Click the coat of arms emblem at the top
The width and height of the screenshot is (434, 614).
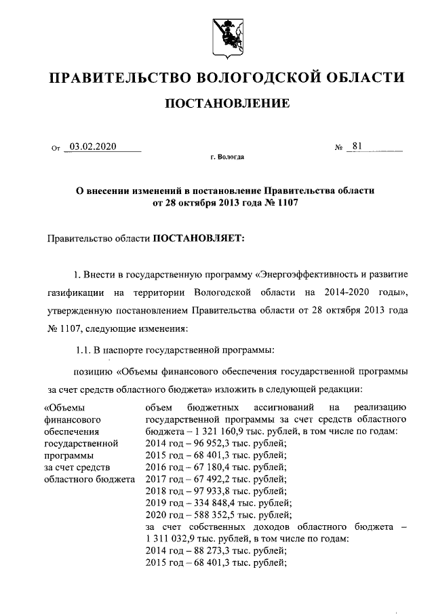tap(222, 36)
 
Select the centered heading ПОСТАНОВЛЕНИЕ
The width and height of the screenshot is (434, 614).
tap(224, 104)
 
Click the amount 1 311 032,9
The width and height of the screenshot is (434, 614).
tap(168, 538)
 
